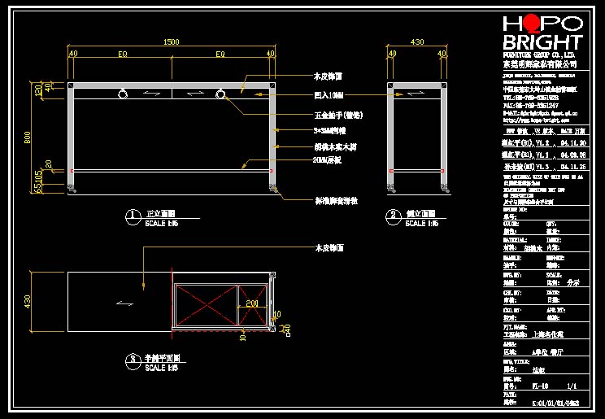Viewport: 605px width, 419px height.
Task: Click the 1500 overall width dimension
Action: tap(172, 41)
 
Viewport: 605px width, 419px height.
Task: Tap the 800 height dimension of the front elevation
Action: tap(27, 139)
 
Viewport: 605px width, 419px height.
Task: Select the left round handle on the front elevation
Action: tap(122, 94)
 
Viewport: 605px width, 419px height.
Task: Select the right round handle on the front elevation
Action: tap(220, 94)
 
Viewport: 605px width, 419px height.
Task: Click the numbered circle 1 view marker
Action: tap(131, 216)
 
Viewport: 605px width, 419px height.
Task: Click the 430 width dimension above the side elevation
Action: tap(417, 41)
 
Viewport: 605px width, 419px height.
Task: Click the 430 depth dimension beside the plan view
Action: tap(27, 302)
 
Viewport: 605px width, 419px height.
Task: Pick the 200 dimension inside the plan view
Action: tap(252, 302)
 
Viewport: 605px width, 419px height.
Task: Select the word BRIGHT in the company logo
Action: tap(542, 42)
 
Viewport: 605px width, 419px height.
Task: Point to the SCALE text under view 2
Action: tap(421, 223)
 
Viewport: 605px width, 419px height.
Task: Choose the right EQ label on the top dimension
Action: tap(220, 54)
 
